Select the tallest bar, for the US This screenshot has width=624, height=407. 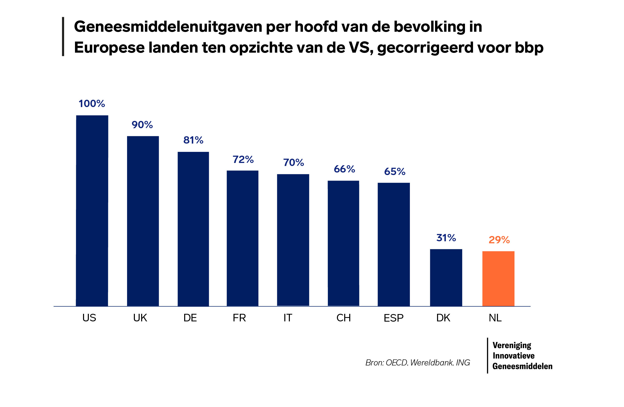click(x=92, y=211)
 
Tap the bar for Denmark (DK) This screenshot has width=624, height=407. click(x=446, y=277)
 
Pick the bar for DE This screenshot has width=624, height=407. click(x=193, y=229)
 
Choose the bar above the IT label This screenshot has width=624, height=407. click(x=293, y=240)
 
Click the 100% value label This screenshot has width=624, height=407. click(x=92, y=104)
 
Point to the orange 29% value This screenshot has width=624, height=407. click(x=499, y=240)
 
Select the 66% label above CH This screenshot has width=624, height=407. click(x=344, y=169)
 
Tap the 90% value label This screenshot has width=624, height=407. click(x=142, y=125)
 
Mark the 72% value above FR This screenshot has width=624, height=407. click(x=243, y=159)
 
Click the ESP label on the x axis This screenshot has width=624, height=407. click(x=393, y=318)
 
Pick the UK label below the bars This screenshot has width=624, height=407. click(x=140, y=318)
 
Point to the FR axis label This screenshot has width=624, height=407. click(x=239, y=318)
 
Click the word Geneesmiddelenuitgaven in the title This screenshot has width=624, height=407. click(x=168, y=27)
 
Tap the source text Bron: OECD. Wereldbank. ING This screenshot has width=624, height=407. click(x=417, y=363)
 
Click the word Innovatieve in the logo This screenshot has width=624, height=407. click(x=513, y=356)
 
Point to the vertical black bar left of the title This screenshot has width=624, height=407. click(x=63, y=37)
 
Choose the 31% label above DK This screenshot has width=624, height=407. click(x=446, y=238)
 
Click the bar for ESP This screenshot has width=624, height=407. click(x=394, y=244)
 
